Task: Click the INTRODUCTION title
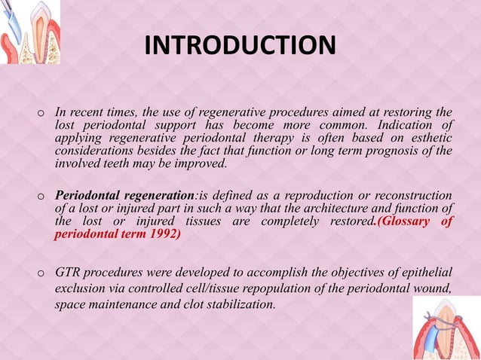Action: [x=240, y=45]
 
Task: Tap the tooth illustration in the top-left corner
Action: [x=30, y=32]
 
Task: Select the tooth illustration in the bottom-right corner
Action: [x=446, y=328]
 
